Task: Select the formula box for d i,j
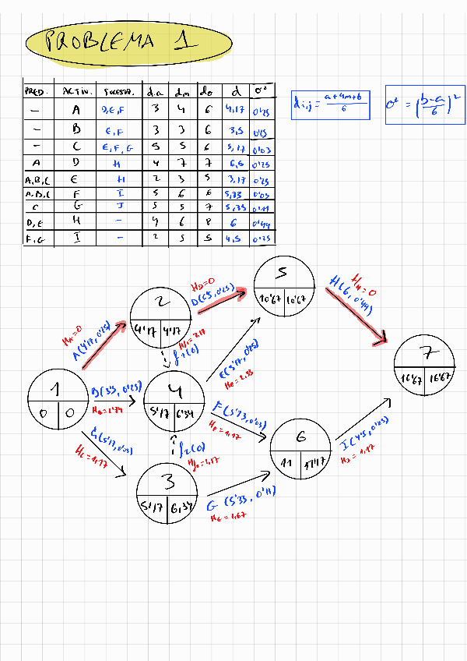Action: point(331,103)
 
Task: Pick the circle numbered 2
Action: point(160,316)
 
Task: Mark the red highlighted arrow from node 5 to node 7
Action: point(357,312)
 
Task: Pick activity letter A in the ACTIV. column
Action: point(76,111)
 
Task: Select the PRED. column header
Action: point(36,91)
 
